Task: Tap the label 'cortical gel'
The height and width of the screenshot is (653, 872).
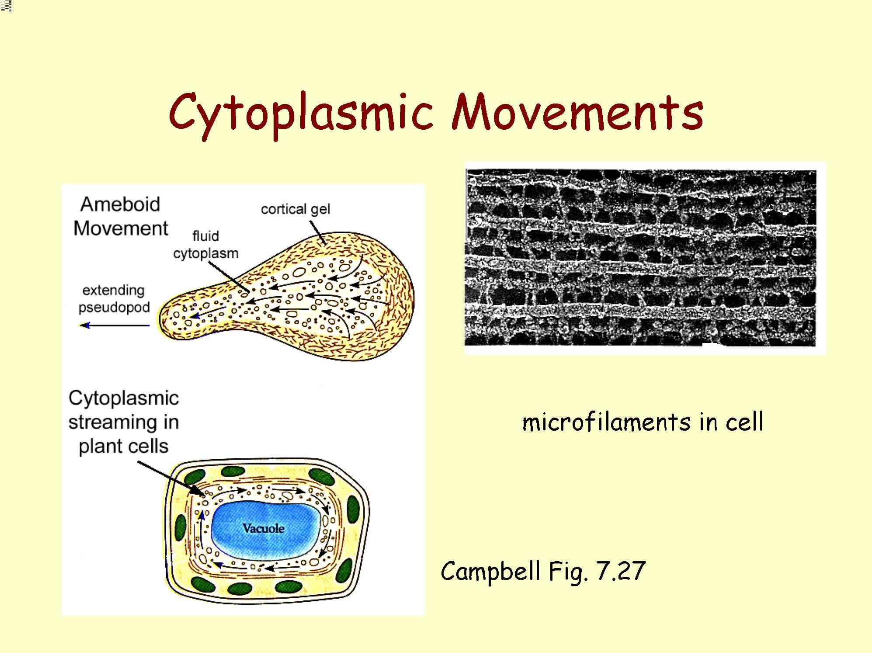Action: tap(295, 209)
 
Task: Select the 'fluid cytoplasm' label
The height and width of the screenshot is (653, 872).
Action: tap(205, 245)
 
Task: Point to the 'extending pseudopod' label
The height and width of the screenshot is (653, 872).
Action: tap(114, 299)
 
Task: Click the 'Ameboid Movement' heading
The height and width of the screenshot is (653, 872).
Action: tap(121, 216)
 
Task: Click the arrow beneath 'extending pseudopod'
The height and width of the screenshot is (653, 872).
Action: tap(115, 325)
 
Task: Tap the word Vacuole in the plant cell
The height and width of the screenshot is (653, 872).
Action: tap(263, 529)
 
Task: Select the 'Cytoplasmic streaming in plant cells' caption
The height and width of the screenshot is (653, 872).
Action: tap(124, 422)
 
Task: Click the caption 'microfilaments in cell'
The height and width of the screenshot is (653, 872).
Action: tap(643, 422)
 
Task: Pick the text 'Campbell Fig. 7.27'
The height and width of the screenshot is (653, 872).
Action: tap(543, 571)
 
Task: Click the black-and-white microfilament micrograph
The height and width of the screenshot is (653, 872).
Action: tap(641, 258)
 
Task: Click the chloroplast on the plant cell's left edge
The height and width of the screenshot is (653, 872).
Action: tap(181, 528)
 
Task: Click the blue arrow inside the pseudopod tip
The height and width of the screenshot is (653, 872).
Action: tap(195, 316)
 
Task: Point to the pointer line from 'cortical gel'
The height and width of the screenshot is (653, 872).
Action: tap(316, 232)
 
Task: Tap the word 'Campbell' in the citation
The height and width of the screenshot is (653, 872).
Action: tap(490, 571)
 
